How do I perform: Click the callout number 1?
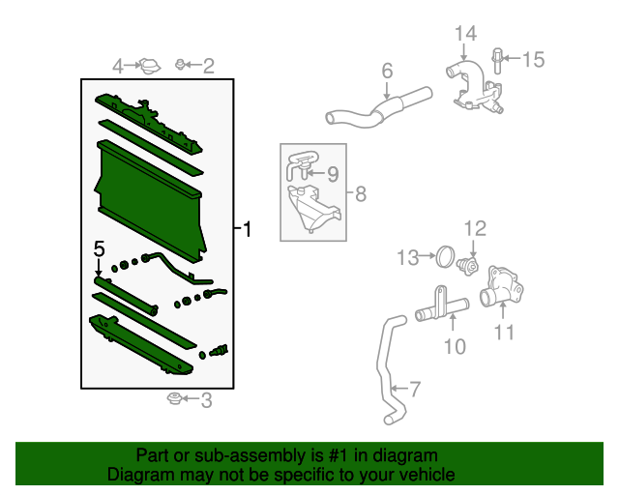click(248, 230)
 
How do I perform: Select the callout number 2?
click(208, 66)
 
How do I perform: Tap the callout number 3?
click(205, 400)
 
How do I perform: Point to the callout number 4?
click(118, 66)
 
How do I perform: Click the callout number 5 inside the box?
click(98, 249)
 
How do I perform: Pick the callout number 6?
click(387, 71)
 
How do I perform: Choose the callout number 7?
click(415, 390)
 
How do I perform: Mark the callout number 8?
click(360, 194)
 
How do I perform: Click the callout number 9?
click(332, 174)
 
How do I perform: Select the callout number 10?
click(455, 345)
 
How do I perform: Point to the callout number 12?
click(474, 229)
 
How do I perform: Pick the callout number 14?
click(465, 35)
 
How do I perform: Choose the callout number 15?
click(534, 60)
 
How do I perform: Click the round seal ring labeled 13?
click(444, 256)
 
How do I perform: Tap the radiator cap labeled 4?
click(148, 66)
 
